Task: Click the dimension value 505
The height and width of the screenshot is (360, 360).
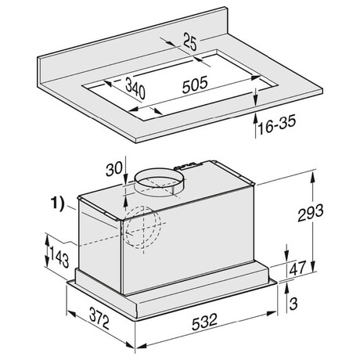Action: pos(195,85)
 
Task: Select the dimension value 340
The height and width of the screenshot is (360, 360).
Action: pos(135,88)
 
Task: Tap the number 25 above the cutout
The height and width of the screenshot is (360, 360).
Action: pos(190,41)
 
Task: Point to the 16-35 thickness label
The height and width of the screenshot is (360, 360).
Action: pos(277,125)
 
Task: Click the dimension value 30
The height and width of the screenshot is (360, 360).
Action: pos(113,169)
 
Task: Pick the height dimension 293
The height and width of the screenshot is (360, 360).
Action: pos(311,213)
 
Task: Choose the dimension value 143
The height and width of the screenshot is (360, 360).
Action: pos(59,257)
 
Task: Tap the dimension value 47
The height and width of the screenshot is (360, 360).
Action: pos(297,268)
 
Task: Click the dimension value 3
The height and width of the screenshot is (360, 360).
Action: pos(293,304)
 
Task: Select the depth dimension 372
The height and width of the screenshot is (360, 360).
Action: pos(99,318)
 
